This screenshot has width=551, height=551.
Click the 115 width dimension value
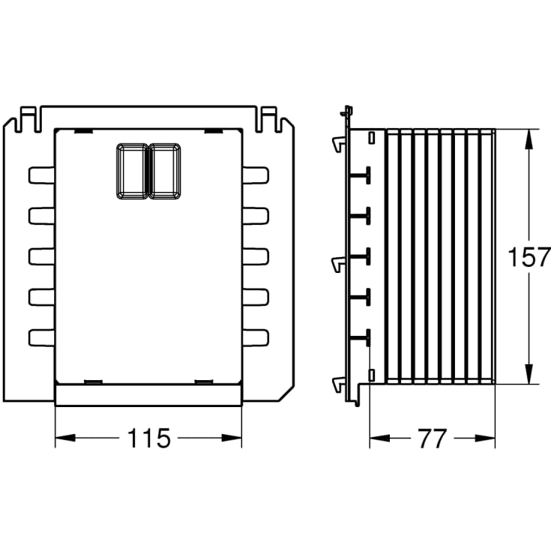[x=148, y=438]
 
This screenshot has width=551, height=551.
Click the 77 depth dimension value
[x=433, y=439]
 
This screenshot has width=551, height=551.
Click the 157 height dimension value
[x=529, y=257]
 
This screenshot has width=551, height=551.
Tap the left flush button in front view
[x=133, y=171]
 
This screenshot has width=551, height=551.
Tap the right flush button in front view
[x=165, y=171]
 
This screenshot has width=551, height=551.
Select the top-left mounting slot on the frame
[x=27, y=119]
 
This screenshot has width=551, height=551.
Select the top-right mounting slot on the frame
[x=269, y=119]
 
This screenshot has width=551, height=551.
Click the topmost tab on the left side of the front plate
[x=41, y=175]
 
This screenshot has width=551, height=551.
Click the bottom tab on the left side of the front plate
[x=41, y=337]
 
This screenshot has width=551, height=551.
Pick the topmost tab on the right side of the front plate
[x=256, y=175]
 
